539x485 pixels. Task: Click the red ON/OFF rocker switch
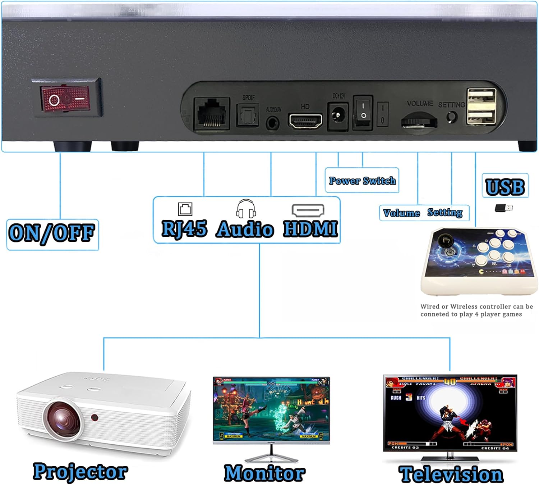point(66,98)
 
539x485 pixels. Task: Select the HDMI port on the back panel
point(305,121)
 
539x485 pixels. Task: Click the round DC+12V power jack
point(337,116)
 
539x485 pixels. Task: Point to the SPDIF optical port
point(248,115)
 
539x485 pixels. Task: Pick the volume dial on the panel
point(419,120)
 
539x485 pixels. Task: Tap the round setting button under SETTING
point(451,117)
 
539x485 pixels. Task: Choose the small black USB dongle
point(503,208)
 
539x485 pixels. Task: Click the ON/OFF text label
point(52,233)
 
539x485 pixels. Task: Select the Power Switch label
point(362,181)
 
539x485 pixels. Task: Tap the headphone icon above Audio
point(246,209)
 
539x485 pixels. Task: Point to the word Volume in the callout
point(401,213)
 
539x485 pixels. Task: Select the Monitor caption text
point(265,473)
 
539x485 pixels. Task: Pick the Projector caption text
point(80,472)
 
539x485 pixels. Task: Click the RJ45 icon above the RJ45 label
point(185,209)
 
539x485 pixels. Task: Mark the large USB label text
point(505,187)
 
